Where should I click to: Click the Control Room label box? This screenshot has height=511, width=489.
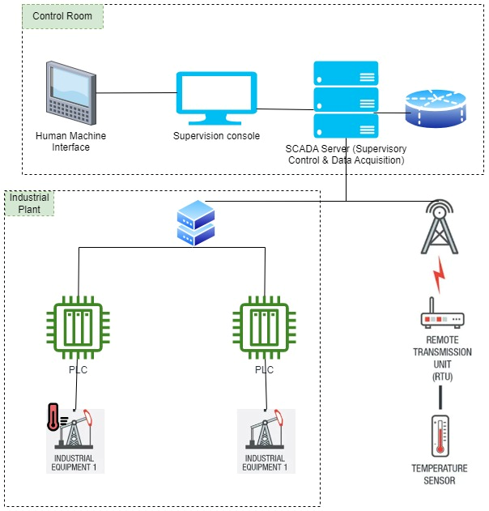(63, 17)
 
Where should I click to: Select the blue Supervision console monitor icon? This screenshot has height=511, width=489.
(216, 98)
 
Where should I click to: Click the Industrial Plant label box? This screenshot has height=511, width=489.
(30, 203)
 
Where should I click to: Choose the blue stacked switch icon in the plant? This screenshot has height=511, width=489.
(196, 224)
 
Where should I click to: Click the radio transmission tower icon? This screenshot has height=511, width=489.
(440, 227)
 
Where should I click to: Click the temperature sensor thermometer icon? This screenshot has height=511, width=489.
(440, 437)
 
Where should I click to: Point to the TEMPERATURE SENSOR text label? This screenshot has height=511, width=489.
(440, 475)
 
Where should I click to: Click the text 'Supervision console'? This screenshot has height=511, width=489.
(216, 135)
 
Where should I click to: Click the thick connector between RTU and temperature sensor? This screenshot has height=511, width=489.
(440, 397)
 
